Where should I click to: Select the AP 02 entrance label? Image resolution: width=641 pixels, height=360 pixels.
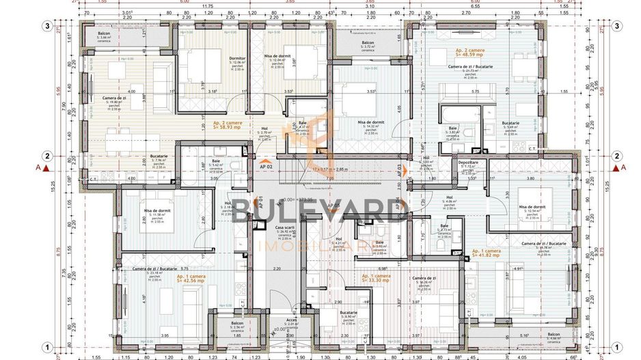266,166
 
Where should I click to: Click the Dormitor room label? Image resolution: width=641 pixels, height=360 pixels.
237,58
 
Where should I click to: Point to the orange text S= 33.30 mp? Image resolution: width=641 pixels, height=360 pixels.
377,279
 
